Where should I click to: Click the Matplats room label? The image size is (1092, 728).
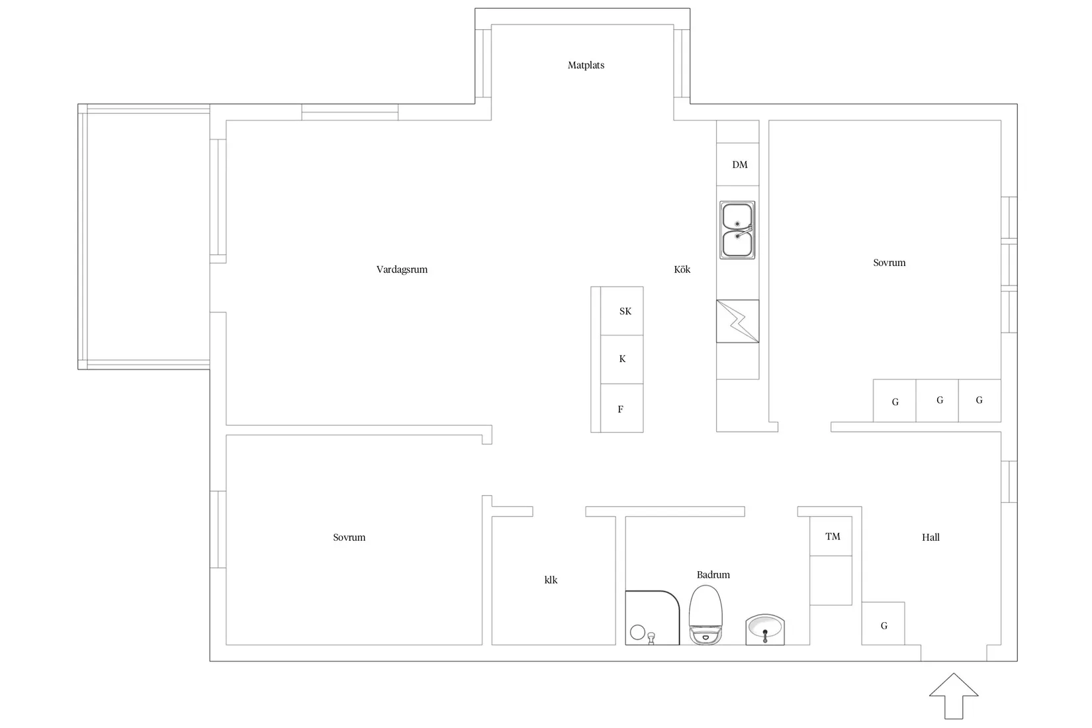(x=586, y=66)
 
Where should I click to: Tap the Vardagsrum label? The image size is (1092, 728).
(x=402, y=269)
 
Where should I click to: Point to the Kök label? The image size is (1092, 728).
(x=682, y=269)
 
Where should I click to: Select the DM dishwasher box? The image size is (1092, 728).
(x=737, y=164)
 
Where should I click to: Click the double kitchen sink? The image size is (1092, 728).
(x=737, y=230)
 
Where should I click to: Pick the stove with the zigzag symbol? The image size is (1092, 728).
(x=737, y=322)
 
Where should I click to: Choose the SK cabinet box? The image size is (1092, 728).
(x=621, y=311)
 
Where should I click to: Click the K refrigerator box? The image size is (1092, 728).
(x=621, y=359)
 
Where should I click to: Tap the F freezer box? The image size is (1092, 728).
(x=621, y=408)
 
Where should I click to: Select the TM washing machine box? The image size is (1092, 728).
(x=831, y=536)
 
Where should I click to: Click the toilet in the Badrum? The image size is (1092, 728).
(x=705, y=615)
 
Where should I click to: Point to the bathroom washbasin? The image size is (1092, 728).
(x=765, y=629)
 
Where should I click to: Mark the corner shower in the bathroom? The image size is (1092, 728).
(x=653, y=617)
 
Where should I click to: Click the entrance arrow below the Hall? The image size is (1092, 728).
(x=954, y=696)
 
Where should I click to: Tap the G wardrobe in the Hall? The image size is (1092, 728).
(x=884, y=623)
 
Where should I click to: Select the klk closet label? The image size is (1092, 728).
(x=551, y=580)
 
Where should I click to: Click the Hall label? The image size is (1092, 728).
(x=931, y=537)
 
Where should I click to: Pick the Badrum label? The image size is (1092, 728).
(x=713, y=575)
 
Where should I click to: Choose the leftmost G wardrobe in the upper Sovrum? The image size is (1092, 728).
(x=895, y=401)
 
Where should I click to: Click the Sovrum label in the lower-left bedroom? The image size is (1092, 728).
(x=349, y=537)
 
